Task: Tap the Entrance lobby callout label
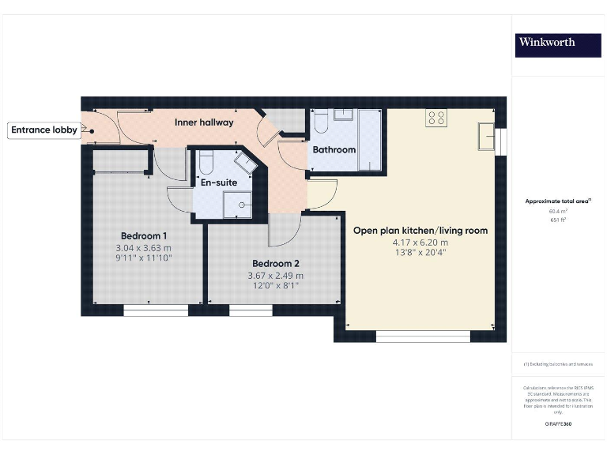(x=44, y=130)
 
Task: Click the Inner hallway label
(x=204, y=122)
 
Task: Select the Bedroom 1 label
(x=143, y=235)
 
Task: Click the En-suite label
(x=219, y=182)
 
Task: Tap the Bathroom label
(x=334, y=149)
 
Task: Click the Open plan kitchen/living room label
(x=420, y=231)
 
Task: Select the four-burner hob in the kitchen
(x=435, y=118)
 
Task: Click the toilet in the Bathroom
(x=321, y=122)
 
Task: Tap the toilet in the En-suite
(x=205, y=162)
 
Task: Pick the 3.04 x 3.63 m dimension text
(x=143, y=247)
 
